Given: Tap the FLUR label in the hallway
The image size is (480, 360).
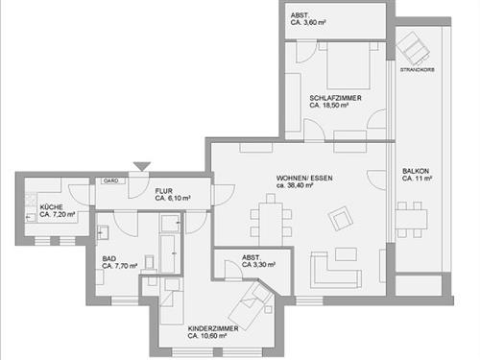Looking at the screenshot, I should coord(163,191).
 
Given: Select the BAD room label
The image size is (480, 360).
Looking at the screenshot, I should coord(110,259).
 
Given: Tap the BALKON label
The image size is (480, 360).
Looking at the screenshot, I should coord(417,172).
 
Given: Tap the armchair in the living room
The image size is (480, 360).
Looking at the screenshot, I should coord(340,221).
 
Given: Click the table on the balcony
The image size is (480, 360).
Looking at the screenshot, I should coord(416,220).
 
